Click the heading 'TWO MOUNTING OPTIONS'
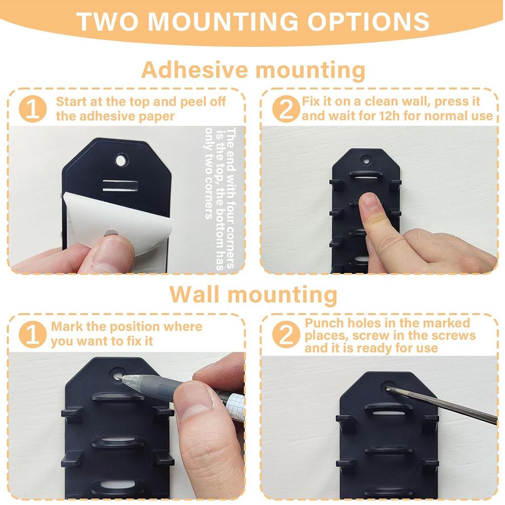(x=252, y=22)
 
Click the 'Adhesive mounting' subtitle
(x=252, y=70)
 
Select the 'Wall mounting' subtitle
(x=252, y=294)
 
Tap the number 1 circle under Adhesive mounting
(x=33, y=109)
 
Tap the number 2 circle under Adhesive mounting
(x=286, y=109)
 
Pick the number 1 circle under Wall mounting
(x=33, y=334)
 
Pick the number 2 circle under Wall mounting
(x=286, y=334)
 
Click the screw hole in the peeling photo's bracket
(x=121, y=161)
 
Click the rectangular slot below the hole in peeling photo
(x=120, y=184)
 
